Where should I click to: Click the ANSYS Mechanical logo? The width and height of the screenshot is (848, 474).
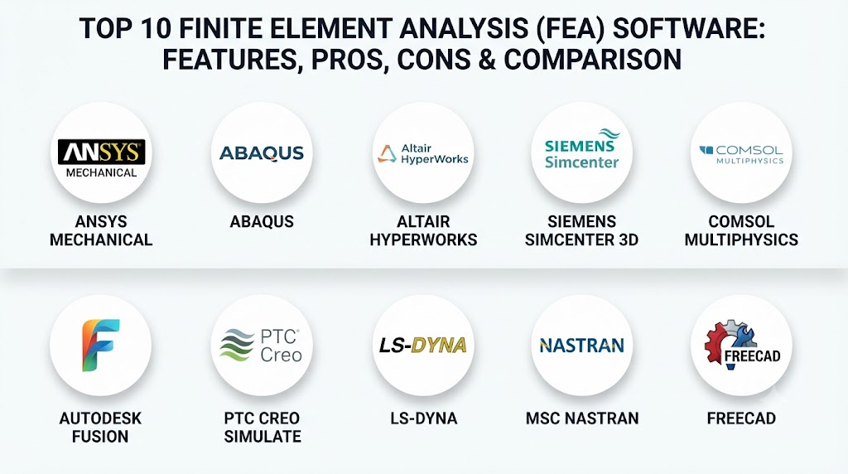pos(101,158)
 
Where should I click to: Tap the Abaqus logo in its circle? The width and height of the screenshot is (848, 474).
pos(262,153)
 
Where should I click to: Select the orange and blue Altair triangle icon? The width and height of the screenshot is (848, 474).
pos(387,153)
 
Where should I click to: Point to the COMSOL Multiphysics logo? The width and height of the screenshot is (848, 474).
pos(741,154)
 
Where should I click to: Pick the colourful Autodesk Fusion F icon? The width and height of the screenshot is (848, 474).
pos(100,345)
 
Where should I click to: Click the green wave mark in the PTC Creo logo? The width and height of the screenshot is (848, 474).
pos(237,345)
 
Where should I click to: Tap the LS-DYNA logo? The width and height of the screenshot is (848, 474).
pos(423,346)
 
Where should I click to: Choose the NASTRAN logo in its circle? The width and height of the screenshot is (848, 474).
pos(582,346)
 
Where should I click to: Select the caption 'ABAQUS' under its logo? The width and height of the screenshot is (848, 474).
pos(262,221)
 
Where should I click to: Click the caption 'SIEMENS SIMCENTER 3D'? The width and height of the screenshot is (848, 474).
pos(582,230)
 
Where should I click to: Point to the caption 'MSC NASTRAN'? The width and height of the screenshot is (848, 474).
pos(582,418)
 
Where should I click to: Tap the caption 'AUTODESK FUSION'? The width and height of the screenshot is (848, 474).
pos(100,427)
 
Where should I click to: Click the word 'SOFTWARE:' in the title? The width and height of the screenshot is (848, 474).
pos(689,29)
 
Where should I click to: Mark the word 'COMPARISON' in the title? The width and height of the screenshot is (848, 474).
pos(592,60)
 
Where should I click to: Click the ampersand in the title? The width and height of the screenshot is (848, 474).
pos(487,60)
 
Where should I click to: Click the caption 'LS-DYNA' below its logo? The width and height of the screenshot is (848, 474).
pos(424,418)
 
